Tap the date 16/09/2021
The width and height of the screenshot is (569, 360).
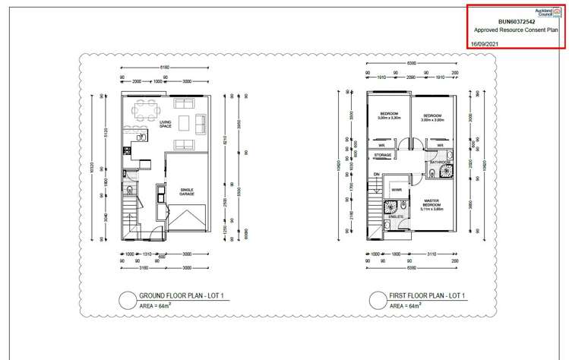coord(487,44)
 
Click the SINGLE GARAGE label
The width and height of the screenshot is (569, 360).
coord(187,192)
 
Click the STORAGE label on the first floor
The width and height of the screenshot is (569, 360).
coord(383,155)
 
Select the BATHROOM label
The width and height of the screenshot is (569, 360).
coord(440,163)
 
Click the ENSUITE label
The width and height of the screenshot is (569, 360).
coord(396,216)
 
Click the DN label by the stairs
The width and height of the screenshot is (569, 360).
coord(376,174)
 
